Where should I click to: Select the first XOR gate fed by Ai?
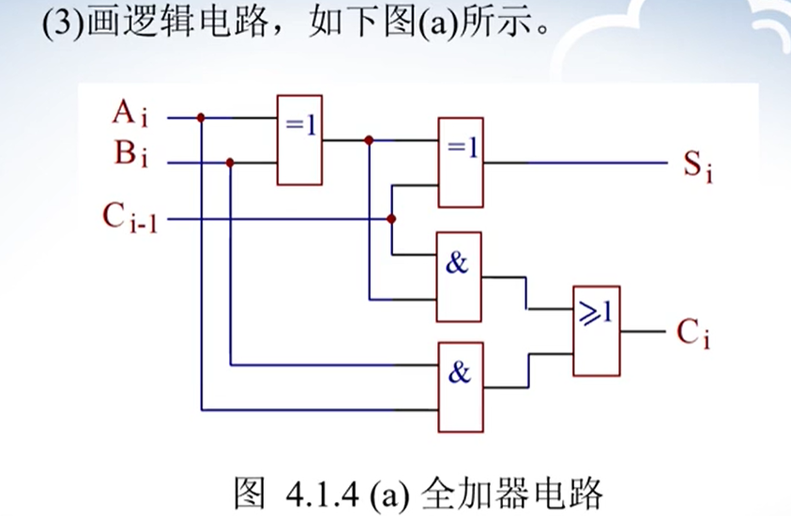pyautogui.click(x=299, y=140)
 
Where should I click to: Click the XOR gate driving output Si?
pyautogui.click(x=461, y=161)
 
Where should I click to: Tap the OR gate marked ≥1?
pyautogui.click(x=596, y=330)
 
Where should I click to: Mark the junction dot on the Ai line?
pyautogui.click(x=201, y=118)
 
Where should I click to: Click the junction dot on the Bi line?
pyautogui.click(x=230, y=162)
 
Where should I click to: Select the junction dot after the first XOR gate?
pyautogui.click(x=370, y=140)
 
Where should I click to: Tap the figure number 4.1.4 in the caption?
pyautogui.click(x=314, y=491)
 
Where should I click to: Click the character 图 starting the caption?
pyautogui.click(x=249, y=491)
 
